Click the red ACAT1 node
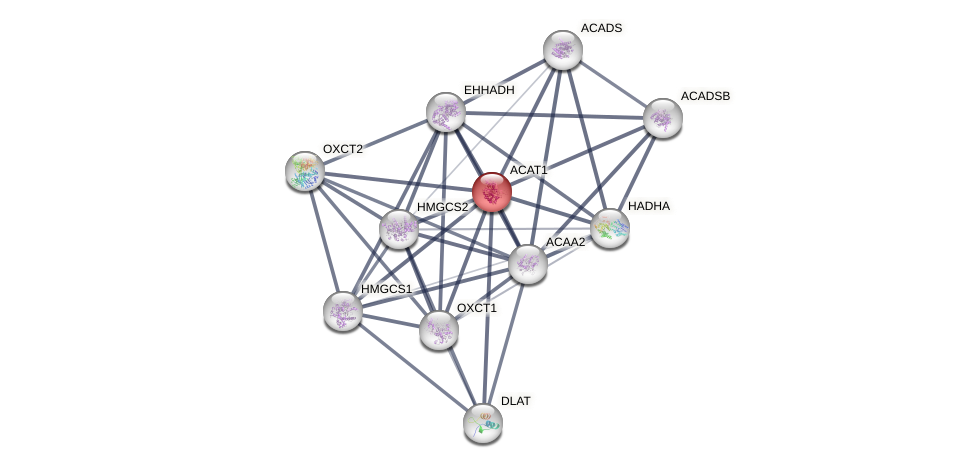[491, 191]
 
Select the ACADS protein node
[562, 49]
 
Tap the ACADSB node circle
[662, 118]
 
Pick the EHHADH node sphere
[446, 112]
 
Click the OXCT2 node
[305, 171]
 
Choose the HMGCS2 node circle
[399, 229]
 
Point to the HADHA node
[609, 228]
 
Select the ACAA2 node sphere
[527, 264]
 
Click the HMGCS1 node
[342, 311]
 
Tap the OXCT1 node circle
[438, 329]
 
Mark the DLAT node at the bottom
[482, 422]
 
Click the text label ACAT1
[528, 170]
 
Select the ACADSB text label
[705, 96]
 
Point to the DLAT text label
[516, 401]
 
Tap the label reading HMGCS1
[386, 289]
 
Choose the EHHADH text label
[489, 90]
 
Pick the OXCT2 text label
[343, 149]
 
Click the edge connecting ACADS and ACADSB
[612, 83]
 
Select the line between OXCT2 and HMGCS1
[323, 240]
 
